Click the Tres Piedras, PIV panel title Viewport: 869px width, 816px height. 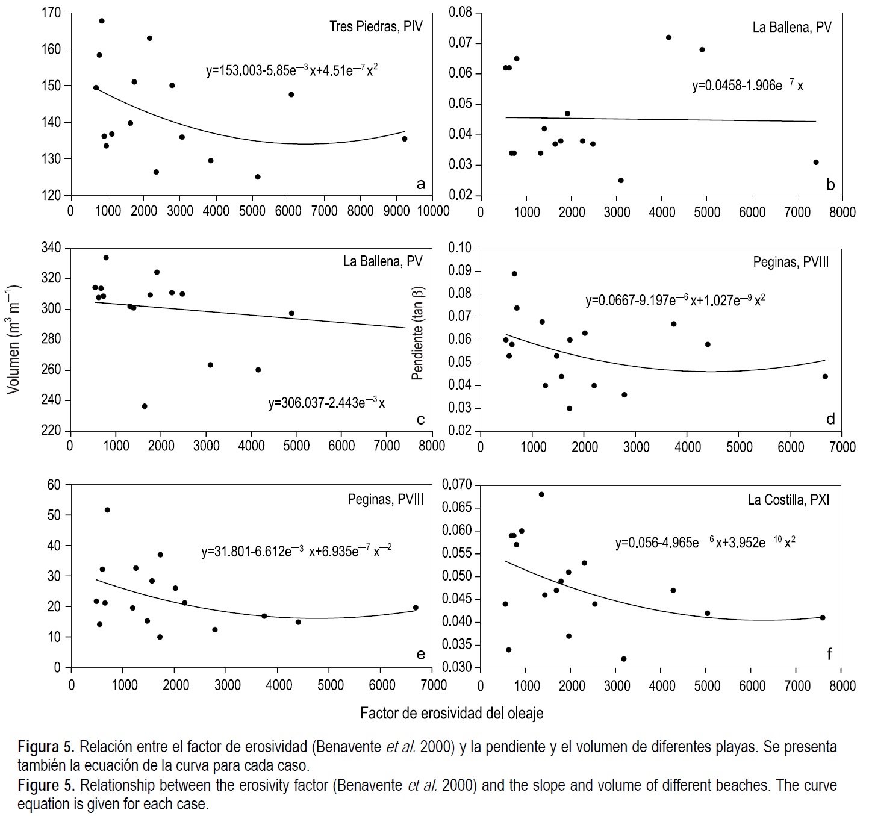coord(376,26)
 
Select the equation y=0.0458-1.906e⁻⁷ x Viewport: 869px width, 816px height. coord(747,86)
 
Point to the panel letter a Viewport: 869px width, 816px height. coord(420,184)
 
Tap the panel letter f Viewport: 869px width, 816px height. coord(829,655)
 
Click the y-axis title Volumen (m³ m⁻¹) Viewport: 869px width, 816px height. coord(13,339)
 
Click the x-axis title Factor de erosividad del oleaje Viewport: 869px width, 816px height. coord(452,714)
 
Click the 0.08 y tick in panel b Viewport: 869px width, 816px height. coord(461,12)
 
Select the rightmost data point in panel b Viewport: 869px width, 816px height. coord(816,162)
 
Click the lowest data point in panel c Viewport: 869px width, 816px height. coord(145,406)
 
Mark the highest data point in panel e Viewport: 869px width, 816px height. coord(107,510)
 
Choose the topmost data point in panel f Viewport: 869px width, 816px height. coord(541,494)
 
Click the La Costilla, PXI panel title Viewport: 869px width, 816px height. coord(788,500)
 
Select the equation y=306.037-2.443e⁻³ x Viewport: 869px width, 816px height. coord(326,403)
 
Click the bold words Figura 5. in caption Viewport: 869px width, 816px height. coord(46,747)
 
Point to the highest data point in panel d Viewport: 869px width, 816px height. coord(514,273)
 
